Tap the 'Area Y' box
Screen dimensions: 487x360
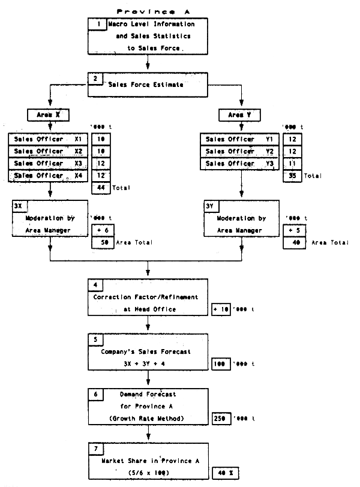coord(242,114)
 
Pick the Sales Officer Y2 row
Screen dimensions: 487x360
coord(241,151)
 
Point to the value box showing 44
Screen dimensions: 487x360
coord(101,188)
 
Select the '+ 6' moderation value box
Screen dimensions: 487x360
coord(101,230)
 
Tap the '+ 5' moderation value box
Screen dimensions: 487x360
coord(293,230)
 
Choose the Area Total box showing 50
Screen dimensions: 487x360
coord(101,242)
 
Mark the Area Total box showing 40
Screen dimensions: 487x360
coord(293,242)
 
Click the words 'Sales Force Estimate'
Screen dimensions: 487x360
coord(146,85)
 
